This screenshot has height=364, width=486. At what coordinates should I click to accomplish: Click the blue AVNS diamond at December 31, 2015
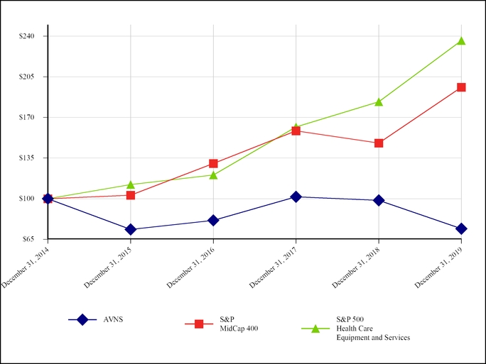[x=131, y=229]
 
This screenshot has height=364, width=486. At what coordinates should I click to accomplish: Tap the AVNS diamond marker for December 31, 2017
[x=296, y=197]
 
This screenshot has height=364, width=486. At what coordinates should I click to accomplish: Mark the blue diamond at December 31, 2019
[x=461, y=228]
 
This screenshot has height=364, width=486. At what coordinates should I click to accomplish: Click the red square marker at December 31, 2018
[x=379, y=143]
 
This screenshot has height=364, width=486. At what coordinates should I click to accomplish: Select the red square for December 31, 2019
[x=461, y=87]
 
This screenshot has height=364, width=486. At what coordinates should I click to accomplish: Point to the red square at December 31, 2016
[x=213, y=164]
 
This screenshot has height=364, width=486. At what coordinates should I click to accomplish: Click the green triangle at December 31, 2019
[x=461, y=40]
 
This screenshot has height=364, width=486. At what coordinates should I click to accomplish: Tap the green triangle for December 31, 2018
[x=379, y=101]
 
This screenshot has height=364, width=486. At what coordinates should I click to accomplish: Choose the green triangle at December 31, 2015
[x=131, y=184]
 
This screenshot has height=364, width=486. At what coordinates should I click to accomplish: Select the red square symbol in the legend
[x=199, y=324]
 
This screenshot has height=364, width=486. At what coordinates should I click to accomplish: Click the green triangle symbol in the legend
[x=315, y=328]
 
